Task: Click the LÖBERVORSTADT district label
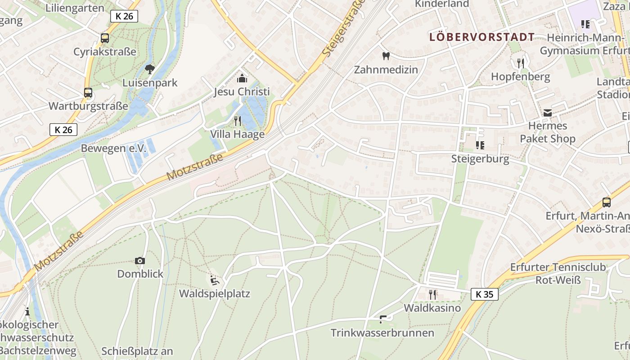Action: pos(482,37)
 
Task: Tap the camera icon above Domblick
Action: pos(140,261)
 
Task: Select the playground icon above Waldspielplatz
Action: pos(215,280)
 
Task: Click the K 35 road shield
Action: pos(485,294)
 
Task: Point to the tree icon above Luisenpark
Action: pos(150,69)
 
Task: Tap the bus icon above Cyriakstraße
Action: pos(105,38)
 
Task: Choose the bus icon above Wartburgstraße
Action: pos(88,93)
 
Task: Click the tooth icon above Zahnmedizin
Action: pos(386,56)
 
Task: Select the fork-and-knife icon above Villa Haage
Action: pos(238,121)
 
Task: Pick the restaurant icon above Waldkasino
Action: pos(432,294)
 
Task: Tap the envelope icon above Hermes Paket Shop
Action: pos(548,112)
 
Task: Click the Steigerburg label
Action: pos(480,159)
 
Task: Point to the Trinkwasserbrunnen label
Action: pos(382,333)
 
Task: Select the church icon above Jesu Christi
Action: pos(242,78)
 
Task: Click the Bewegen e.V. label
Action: pos(114,148)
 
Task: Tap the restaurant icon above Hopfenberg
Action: pos(521,63)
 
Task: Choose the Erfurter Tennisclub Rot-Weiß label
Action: pos(558,274)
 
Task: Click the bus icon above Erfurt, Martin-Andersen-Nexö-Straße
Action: pos(606,202)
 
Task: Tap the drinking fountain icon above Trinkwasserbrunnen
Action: pos(383,319)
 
